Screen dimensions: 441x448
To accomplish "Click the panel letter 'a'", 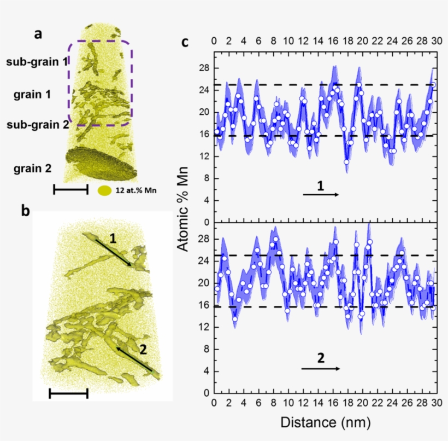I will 38,34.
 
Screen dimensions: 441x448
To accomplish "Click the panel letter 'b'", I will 26,211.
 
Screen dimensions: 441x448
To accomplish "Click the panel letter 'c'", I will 185,42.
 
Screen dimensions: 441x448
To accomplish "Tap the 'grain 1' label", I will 32,94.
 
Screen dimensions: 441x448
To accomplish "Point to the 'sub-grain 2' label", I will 37,124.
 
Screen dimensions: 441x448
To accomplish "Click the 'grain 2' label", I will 33,169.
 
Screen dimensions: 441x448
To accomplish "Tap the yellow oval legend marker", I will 105,191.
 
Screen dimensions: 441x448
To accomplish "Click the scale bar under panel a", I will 70,189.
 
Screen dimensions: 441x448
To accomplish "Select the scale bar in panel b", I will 68,393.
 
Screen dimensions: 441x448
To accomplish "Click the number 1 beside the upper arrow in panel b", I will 112,238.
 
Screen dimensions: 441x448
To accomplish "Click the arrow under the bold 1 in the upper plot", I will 320,195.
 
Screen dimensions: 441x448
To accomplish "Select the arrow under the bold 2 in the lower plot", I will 320,368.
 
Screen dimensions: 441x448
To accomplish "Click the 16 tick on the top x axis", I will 332,41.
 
